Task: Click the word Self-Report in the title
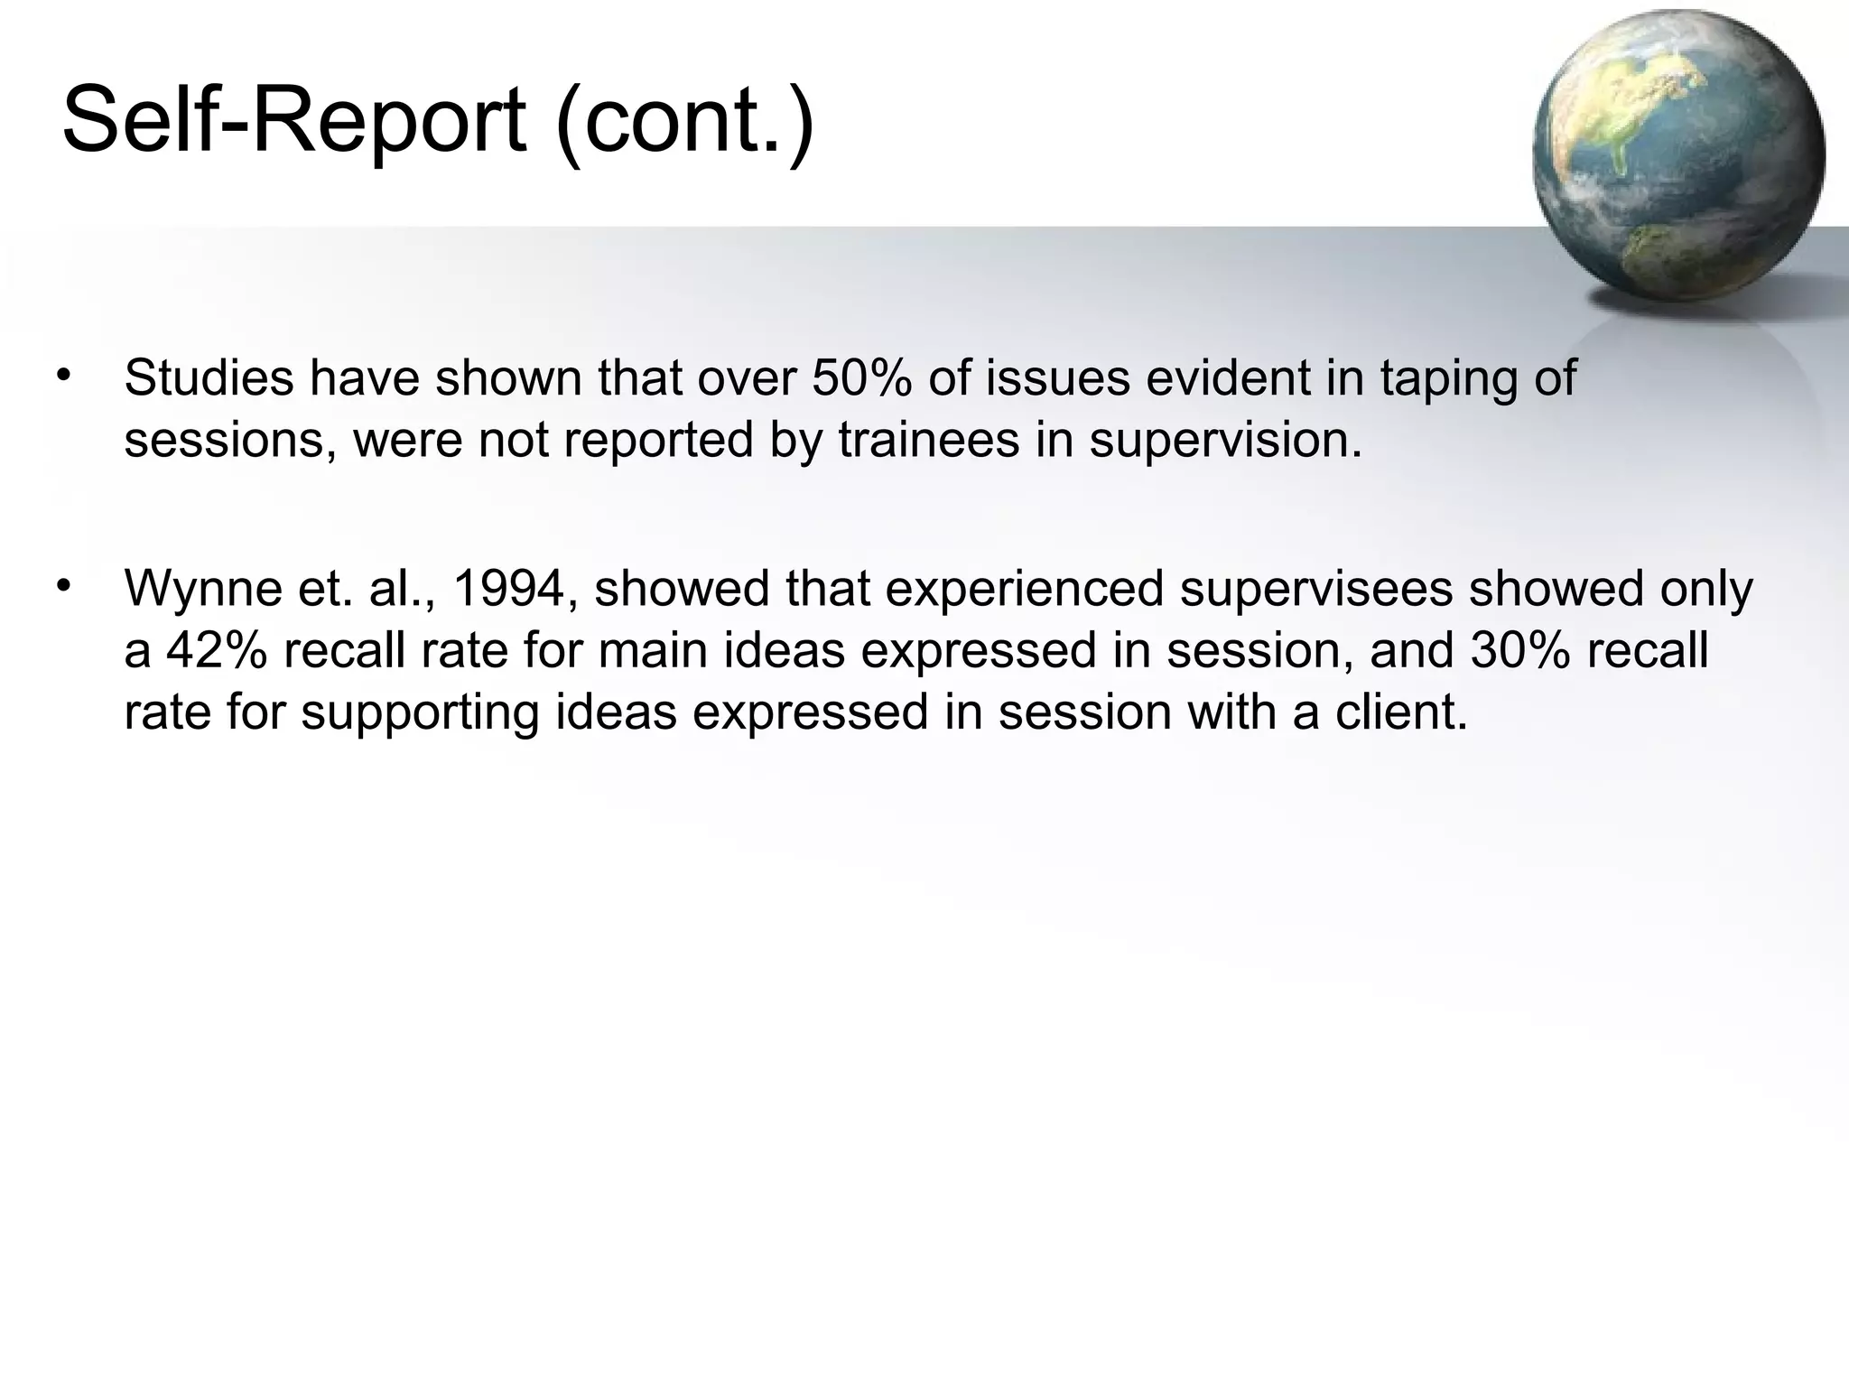(293, 120)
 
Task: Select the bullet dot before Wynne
(62, 586)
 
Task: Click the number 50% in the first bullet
(862, 377)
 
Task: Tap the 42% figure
(217, 650)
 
